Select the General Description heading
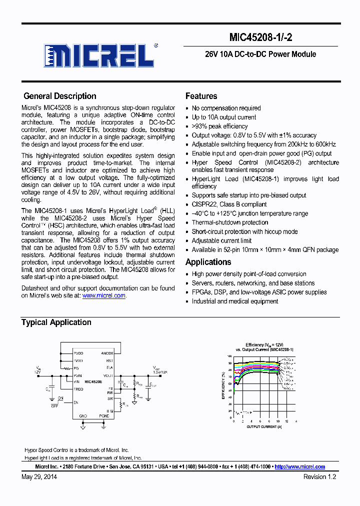pos(60,96)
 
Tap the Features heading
pos(201,96)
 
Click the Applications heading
pos(208,262)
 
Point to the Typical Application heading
pos(56,322)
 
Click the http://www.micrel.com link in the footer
pos(299,466)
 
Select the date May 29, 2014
pos(39,477)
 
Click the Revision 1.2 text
pos(319,477)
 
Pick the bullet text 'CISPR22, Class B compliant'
pos(229,204)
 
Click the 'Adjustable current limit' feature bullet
pos(221,241)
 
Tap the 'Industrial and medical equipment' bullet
pos(235,301)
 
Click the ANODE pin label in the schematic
pos(107,353)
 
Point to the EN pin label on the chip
pos(76,402)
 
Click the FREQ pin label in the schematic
pos(78,388)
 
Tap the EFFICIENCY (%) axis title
pos(223,385)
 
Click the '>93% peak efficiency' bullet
pos(219,126)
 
